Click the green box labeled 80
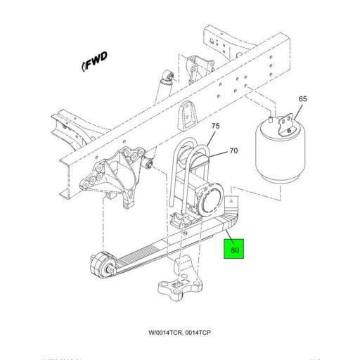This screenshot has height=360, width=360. [233, 249]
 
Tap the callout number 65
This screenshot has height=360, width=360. [302, 99]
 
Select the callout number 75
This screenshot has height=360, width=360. [215, 126]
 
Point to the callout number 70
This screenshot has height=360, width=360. [234, 150]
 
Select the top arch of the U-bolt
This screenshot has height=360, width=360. [188, 144]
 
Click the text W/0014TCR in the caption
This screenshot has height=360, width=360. [167, 331]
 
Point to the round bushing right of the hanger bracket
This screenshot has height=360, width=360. [150, 165]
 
